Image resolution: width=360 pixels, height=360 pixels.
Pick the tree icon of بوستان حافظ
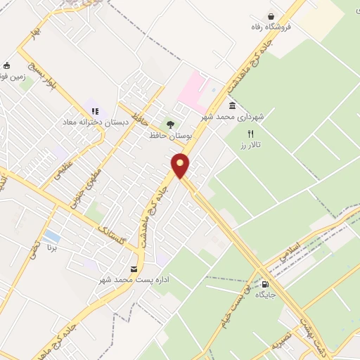169,124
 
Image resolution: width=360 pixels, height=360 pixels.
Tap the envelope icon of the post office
134,269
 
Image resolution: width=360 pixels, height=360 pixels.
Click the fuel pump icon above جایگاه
264,285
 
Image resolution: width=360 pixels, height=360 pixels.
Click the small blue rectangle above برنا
51,234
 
